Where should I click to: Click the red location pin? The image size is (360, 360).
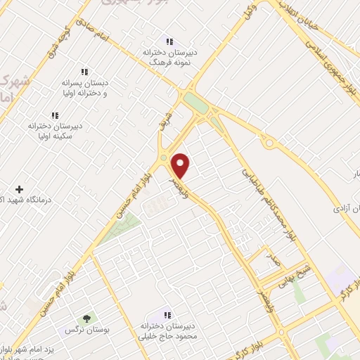tap(181, 165)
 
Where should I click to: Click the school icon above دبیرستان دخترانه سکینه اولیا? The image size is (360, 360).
tap(55, 115)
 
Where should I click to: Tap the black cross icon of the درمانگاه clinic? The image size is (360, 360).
tap(19, 189)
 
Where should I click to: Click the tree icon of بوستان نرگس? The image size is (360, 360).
tap(87, 319)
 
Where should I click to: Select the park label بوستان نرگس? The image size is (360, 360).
tap(80, 329)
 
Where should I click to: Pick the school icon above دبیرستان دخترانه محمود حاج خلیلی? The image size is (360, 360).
tap(167, 315)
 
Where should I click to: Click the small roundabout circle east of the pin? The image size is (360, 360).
tap(269, 144)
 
